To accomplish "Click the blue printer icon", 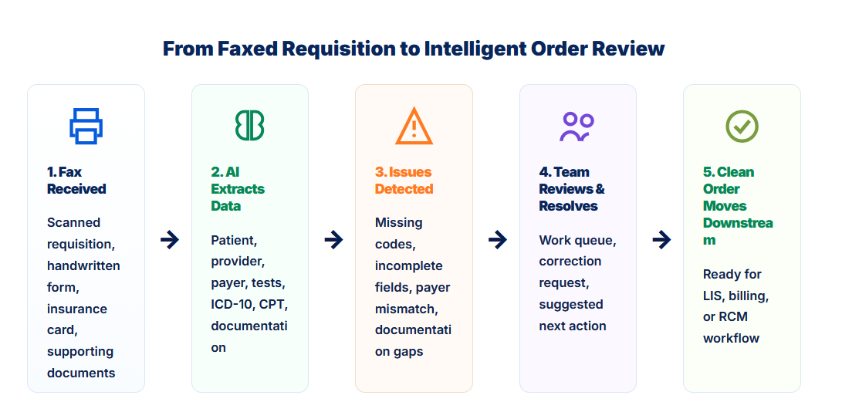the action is coord(86,127).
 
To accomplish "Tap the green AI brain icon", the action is coord(250,127).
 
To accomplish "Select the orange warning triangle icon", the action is coord(414,126).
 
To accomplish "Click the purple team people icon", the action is coord(577,127).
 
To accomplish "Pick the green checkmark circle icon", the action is coord(742,127).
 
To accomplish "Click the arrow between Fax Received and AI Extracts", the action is coord(170,239).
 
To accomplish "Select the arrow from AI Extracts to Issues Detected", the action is coord(333,239).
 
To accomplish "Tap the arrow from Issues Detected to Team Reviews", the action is coord(497,239).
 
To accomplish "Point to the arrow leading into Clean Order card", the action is coord(661,239).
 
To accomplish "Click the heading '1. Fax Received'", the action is coord(76,181).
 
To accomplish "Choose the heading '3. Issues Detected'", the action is coord(404,181).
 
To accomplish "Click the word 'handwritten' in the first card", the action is coord(83,266).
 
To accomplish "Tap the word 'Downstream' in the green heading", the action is coord(738,231).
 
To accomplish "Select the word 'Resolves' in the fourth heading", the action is coord(568,206).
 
